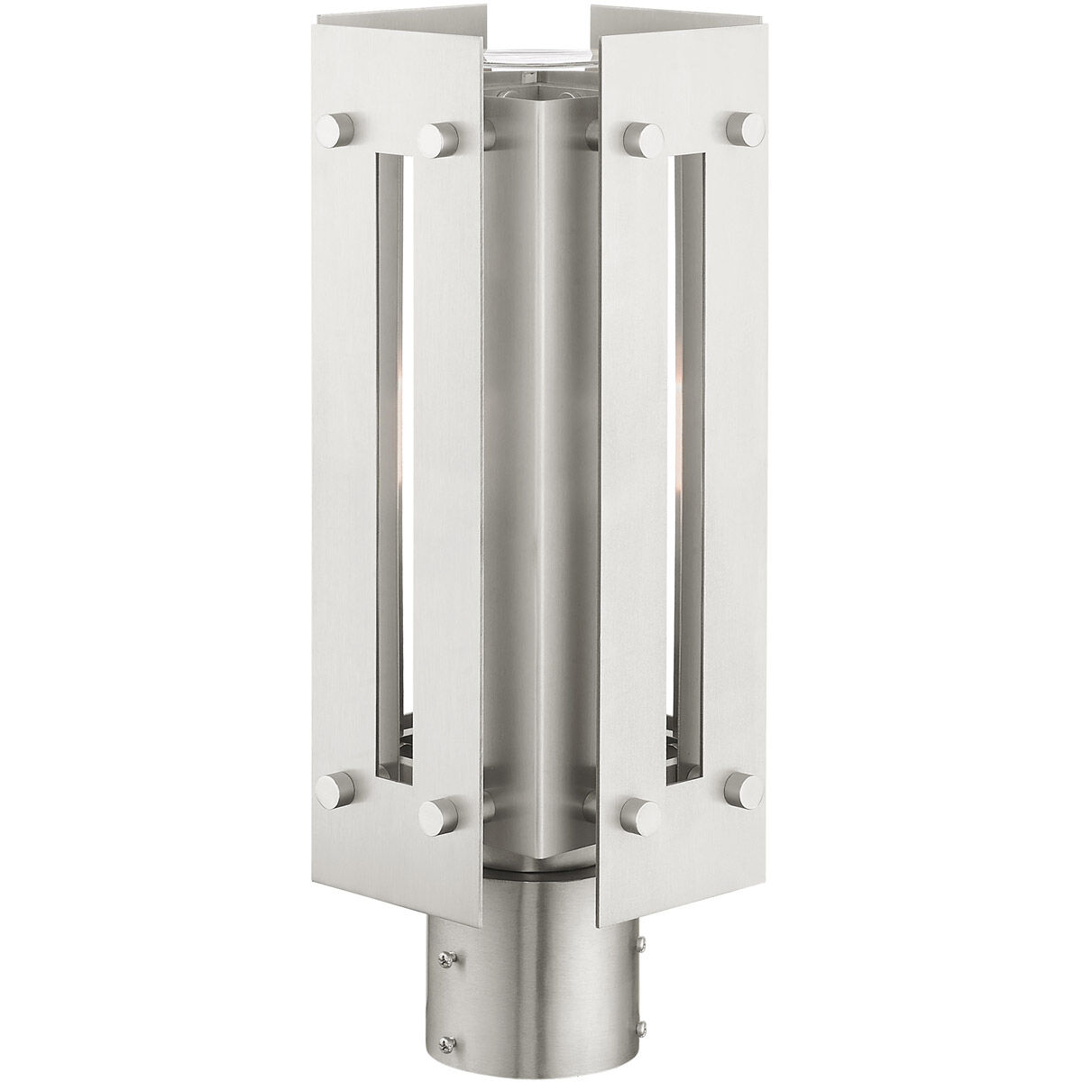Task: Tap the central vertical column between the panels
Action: pos(541,451)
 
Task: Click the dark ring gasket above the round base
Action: pos(541,870)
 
